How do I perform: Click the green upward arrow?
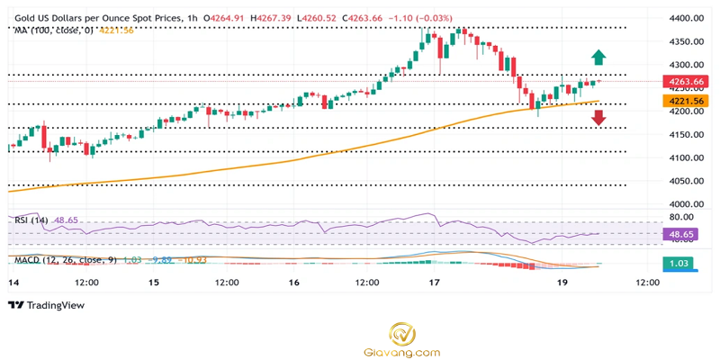tap(598, 58)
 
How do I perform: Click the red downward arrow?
tap(598, 116)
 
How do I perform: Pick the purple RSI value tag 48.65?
tap(679, 233)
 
